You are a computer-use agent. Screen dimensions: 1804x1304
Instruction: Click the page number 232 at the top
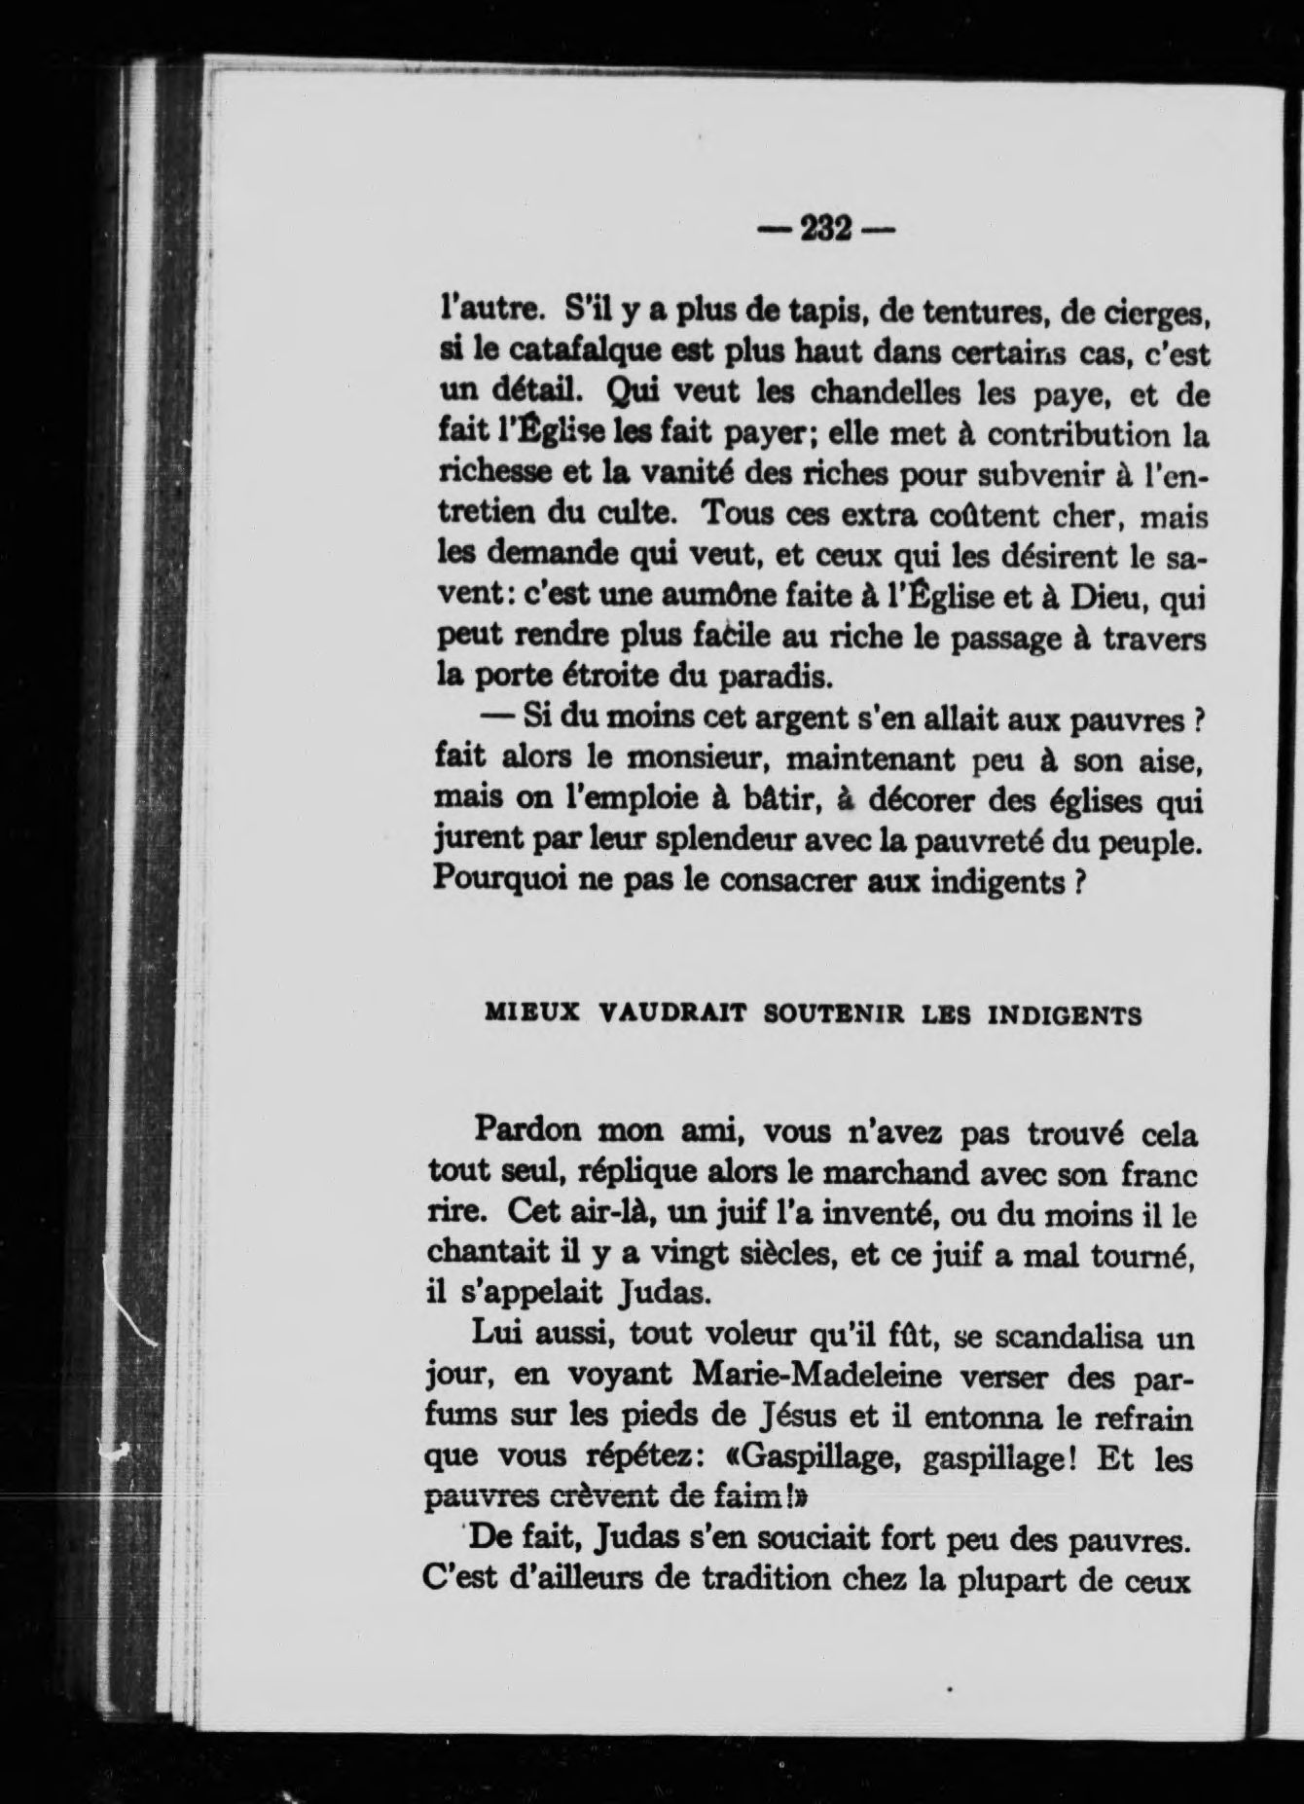(825, 231)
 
